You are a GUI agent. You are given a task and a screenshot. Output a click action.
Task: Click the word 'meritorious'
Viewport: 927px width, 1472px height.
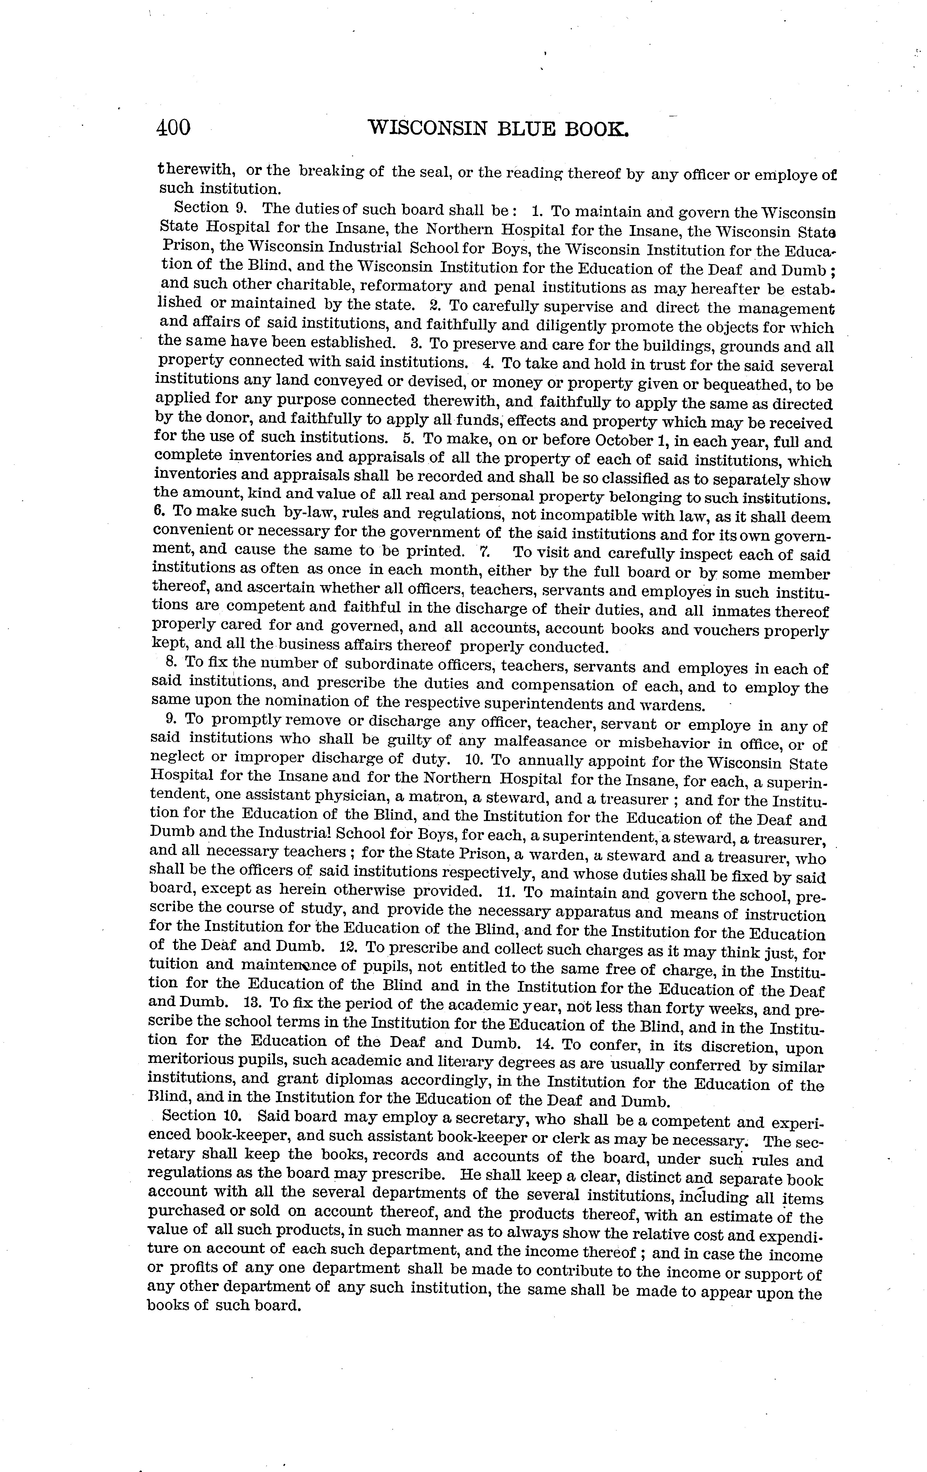pyautogui.click(x=193, y=1062)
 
